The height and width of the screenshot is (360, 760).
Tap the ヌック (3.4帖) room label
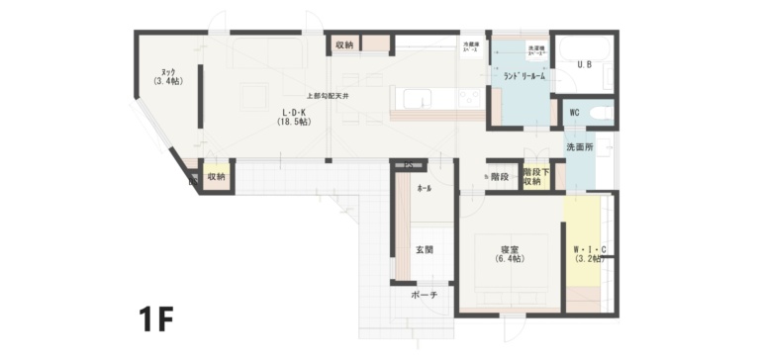coord(168,76)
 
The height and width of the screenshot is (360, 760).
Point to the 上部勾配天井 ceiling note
coord(328,96)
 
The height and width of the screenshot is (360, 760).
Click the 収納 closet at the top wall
coord(344,45)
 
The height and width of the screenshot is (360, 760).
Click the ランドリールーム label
coord(524,75)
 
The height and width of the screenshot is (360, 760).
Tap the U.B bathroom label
coord(584,65)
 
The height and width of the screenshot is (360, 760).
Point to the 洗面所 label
coord(580,146)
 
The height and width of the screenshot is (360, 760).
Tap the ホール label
coord(424,187)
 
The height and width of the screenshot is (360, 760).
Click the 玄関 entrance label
coord(424,250)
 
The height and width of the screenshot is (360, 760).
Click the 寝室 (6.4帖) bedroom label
coord(511,253)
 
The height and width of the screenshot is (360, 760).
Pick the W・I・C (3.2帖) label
coord(590,253)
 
